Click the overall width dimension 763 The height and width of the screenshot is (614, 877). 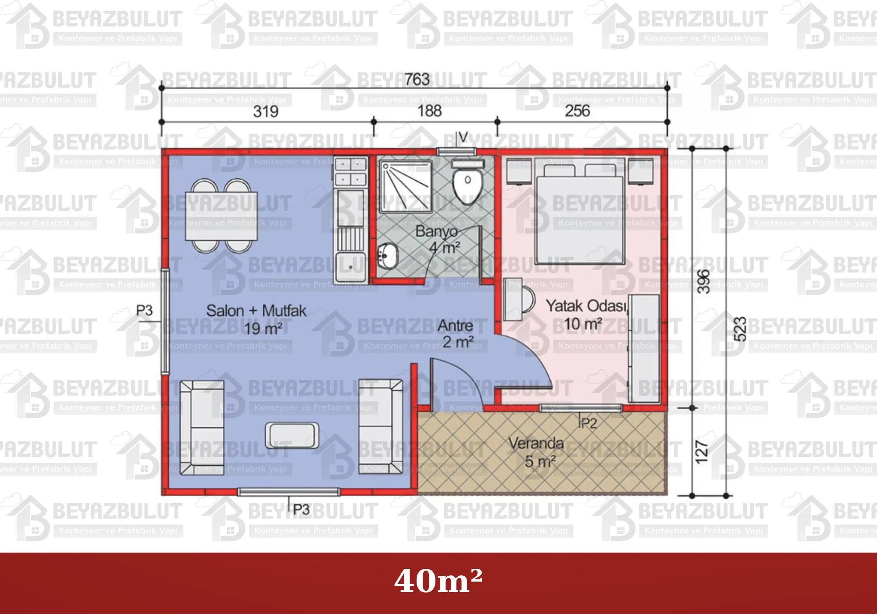click(417, 79)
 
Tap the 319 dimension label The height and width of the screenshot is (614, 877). click(266, 111)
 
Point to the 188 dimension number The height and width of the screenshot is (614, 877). click(429, 111)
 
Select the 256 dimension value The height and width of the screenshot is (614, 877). click(578, 111)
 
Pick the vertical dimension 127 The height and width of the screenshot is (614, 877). click(702, 452)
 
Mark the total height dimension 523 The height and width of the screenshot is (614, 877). click(740, 329)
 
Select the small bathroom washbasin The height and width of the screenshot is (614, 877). click(388, 256)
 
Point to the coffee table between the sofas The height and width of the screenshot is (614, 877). click(292, 435)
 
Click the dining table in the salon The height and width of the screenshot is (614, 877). click(221, 216)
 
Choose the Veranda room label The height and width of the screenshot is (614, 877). click(536, 443)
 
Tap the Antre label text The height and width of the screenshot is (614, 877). click(456, 326)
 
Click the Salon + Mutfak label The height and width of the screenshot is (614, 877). click(256, 311)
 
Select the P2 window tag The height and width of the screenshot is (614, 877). click(589, 423)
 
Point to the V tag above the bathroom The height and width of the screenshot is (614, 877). click(463, 137)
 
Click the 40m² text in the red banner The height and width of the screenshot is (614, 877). click(438, 582)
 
